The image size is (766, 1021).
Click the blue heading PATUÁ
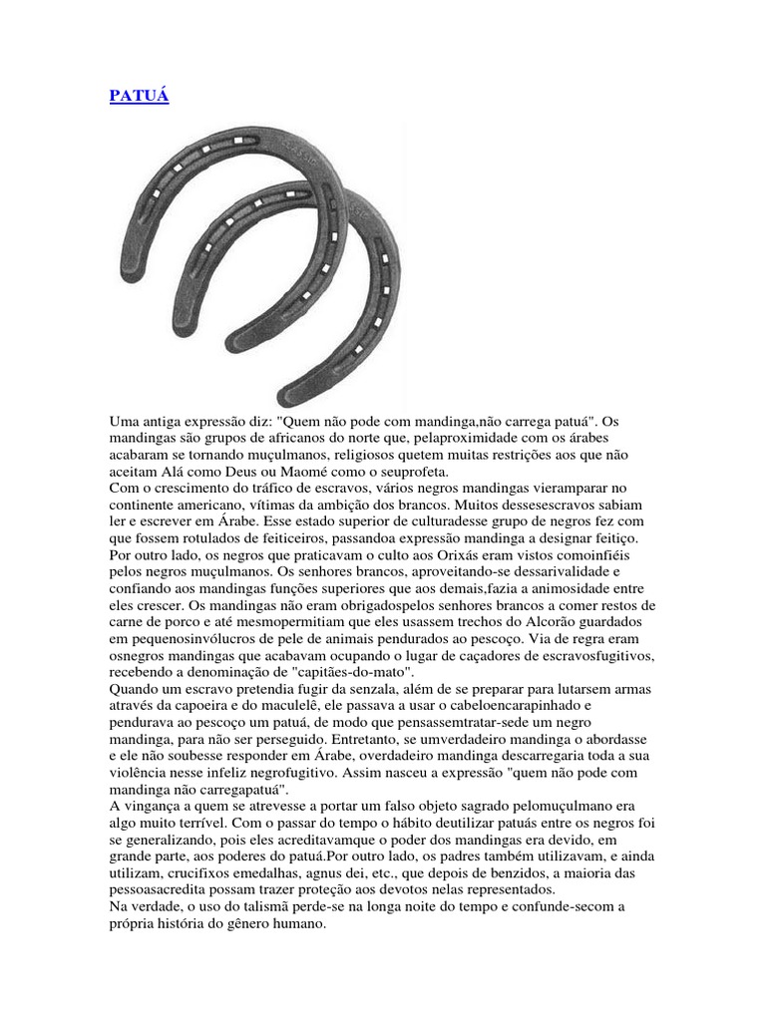pyautogui.click(x=138, y=100)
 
